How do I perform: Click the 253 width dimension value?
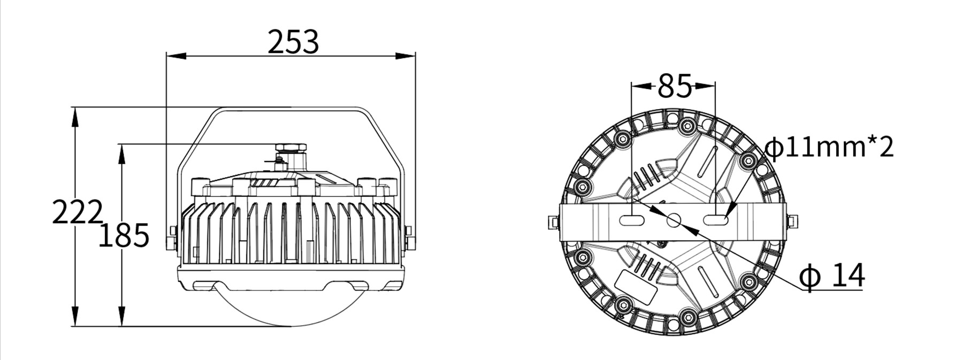293,42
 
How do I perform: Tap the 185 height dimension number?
124,235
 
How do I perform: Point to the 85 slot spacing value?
675,86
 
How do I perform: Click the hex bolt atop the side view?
290,148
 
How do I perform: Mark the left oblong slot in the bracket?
633,220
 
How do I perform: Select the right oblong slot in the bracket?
716,220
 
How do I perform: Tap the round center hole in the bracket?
674,220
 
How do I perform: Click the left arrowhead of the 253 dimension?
176,55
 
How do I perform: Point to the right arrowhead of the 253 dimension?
406,55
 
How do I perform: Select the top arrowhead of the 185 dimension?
123,154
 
